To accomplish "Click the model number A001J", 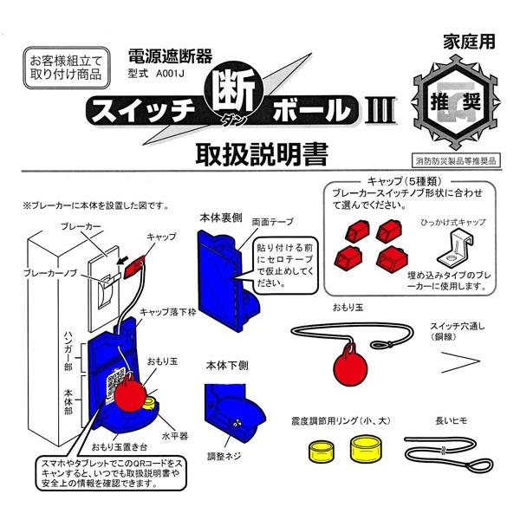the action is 170,74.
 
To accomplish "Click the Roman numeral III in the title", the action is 380,110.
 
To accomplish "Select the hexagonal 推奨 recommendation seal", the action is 456,102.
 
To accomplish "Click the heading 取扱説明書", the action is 262,154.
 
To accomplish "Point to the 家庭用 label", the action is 469,42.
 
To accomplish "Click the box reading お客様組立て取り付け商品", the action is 67,68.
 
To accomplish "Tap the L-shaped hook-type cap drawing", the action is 456,247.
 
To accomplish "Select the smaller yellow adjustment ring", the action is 322,452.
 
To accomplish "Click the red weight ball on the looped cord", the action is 350,369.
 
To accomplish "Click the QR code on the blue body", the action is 115,382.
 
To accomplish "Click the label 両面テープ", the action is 273,222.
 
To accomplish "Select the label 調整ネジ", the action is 224,457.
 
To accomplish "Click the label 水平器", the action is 175,435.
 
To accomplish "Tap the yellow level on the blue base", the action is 151,403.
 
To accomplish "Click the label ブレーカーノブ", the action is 50,273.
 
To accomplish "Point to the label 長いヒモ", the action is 452,421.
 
